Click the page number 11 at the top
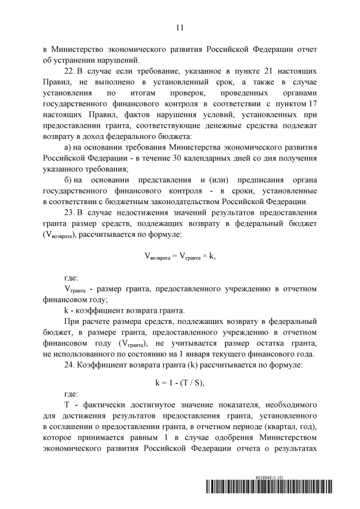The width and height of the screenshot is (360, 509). pyautogui.click(x=179, y=26)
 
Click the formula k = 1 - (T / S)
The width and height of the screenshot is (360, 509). pyautogui.click(x=179, y=382)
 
